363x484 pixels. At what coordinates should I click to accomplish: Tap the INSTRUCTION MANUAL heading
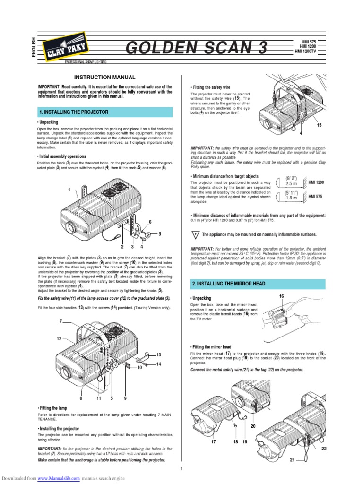coord(105,77)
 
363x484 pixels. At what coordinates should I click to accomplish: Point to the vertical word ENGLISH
coord(34,47)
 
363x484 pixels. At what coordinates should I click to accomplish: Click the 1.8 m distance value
coord(291,198)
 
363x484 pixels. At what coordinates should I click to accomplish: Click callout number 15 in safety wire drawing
coord(319,124)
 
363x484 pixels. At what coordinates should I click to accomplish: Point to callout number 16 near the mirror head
coord(282,296)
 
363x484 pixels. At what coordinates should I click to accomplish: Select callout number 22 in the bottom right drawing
coord(324,448)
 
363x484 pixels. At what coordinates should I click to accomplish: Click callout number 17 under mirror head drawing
coord(214,441)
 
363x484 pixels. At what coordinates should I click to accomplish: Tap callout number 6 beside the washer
coord(150,222)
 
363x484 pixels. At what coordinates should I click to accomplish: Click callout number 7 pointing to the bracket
coord(61,321)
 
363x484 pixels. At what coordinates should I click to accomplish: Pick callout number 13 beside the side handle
coord(159,354)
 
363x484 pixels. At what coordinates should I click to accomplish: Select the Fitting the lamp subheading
coord(52,407)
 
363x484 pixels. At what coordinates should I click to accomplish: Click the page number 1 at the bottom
coord(181,468)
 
